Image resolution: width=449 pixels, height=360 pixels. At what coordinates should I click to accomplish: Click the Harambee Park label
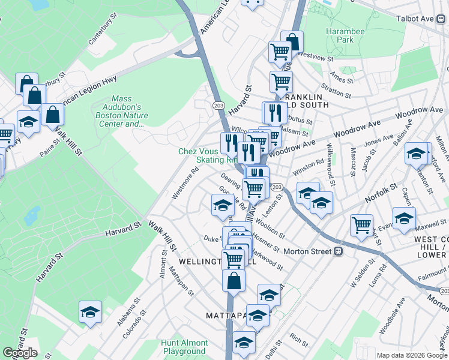coord(341,35)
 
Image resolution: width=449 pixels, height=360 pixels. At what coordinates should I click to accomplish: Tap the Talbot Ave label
coord(414,19)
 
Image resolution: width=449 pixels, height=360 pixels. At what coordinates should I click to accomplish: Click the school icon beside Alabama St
coord(90,312)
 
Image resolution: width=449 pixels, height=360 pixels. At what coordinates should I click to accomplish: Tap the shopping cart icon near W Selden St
coord(361,226)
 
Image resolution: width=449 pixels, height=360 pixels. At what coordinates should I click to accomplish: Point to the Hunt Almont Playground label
coord(184,347)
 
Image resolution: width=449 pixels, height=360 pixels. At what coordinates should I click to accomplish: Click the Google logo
coord(20,353)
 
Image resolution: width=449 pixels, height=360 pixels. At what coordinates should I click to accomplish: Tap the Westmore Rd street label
coord(185,186)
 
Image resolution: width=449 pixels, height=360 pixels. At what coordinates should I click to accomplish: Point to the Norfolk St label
coord(379,193)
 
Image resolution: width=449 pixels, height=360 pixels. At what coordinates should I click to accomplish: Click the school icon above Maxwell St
coord(403,219)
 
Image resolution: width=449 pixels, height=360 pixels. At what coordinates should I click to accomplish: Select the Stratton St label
coord(336,91)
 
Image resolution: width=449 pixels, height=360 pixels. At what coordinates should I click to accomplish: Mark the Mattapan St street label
coord(181,284)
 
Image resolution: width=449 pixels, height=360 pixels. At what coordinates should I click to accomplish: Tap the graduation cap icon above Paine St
coord(28,122)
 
